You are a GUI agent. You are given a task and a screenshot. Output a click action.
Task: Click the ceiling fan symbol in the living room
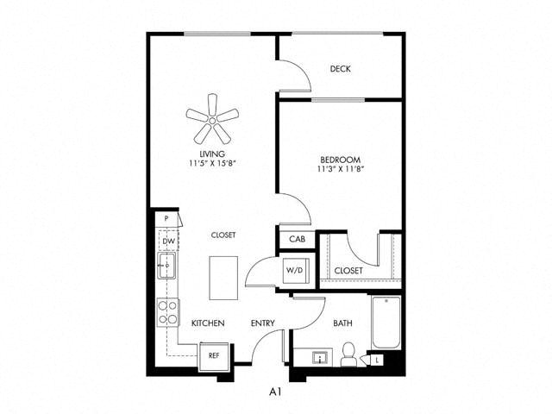click(212, 120)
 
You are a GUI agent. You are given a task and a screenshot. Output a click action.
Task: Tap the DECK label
click(340, 69)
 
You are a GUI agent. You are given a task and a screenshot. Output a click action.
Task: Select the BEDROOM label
click(340, 160)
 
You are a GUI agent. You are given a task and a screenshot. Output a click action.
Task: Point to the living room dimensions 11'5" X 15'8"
click(212, 163)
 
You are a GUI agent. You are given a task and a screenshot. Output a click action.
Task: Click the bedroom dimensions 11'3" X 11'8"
click(340, 169)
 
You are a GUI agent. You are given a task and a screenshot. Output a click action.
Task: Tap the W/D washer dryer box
click(297, 270)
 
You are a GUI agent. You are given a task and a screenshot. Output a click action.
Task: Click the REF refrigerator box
click(215, 356)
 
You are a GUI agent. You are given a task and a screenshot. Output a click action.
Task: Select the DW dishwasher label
click(169, 241)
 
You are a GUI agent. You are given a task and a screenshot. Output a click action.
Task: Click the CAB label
click(297, 239)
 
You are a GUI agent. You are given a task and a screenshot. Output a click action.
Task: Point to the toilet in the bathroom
click(348, 354)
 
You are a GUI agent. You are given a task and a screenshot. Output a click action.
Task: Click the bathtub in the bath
click(386, 323)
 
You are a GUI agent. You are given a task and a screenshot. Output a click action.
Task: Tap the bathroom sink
click(320, 358)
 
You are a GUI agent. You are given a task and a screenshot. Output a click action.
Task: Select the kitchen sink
click(166, 266)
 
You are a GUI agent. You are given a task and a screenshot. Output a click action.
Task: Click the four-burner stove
click(167, 312)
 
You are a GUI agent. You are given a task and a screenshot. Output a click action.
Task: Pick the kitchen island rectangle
click(223, 278)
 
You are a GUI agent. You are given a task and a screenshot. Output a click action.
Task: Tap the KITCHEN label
click(208, 323)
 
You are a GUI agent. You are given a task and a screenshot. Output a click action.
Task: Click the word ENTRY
click(262, 323)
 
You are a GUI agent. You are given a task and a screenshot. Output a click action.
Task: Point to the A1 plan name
click(275, 392)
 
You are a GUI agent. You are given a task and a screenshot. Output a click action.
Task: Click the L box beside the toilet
click(378, 361)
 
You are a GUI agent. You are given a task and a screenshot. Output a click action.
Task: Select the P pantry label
click(166, 218)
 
